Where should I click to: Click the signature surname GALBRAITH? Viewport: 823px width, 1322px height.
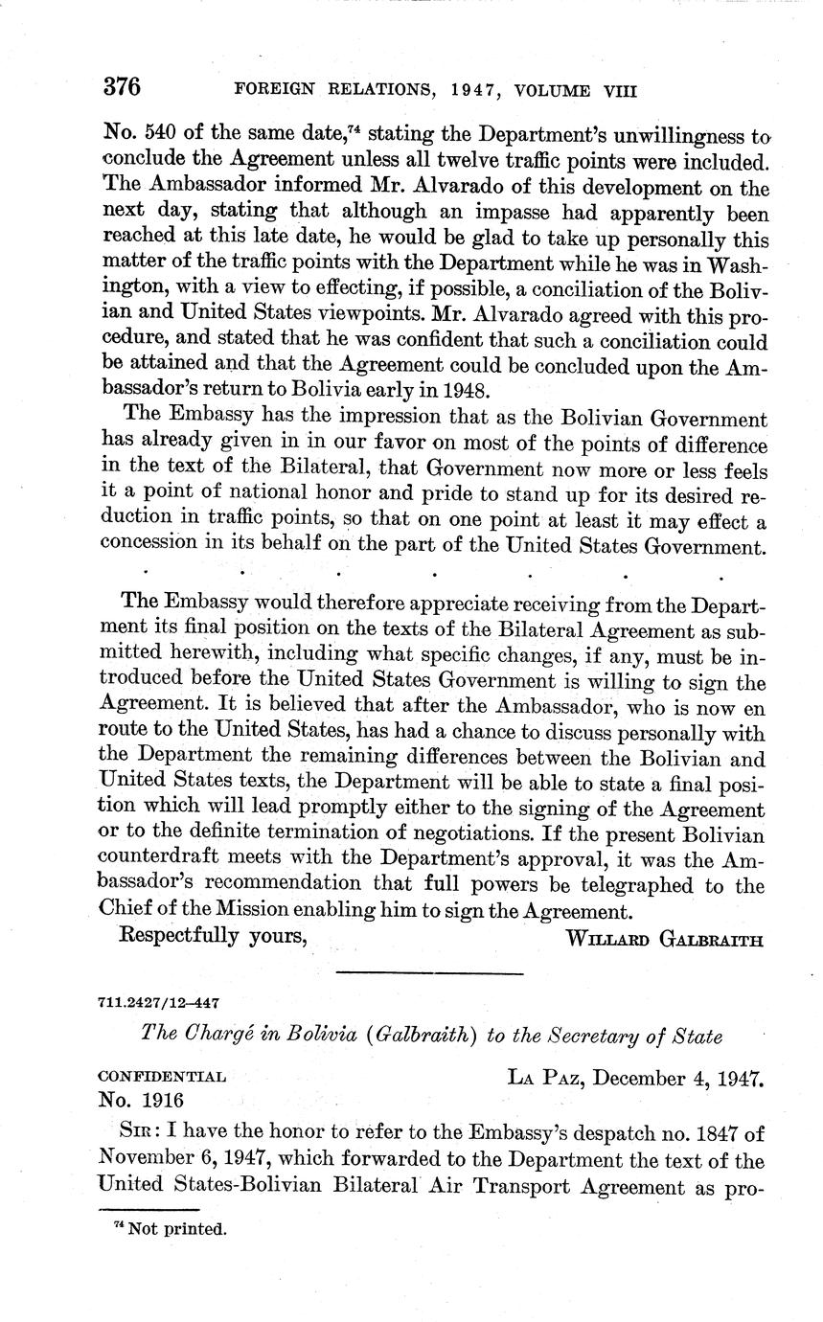tap(711, 940)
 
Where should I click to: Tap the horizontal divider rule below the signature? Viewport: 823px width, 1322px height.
tap(431, 974)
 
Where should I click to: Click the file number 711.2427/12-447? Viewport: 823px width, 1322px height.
tap(159, 1002)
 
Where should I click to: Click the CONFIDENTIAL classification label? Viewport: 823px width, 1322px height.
tap(162, 1077)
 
